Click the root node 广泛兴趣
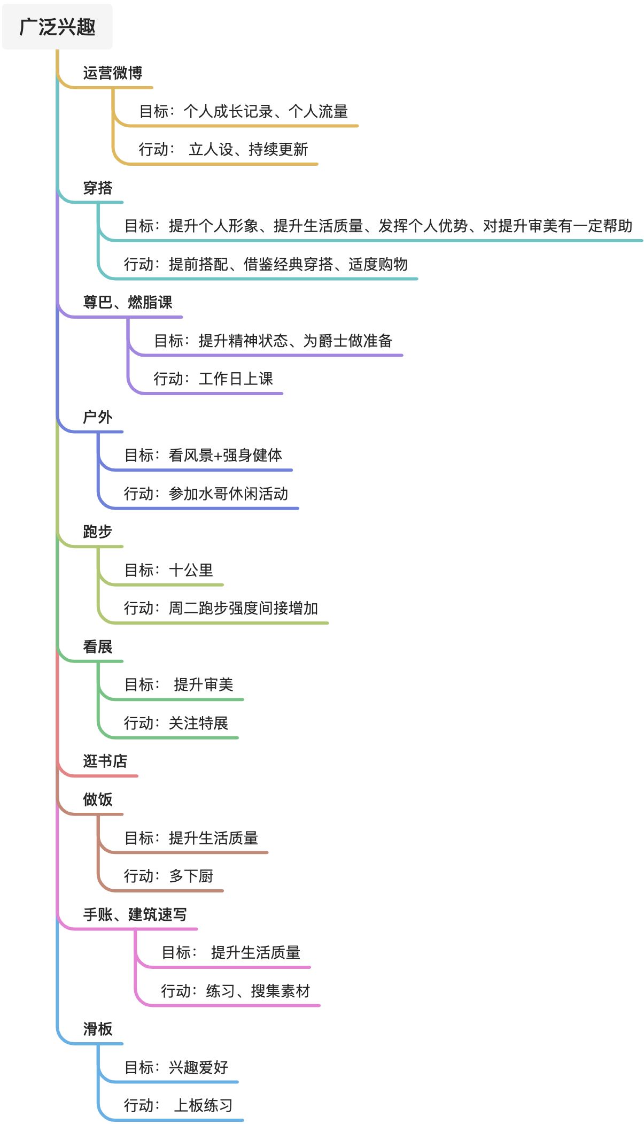coord(57,27)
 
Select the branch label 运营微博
coord(112,73)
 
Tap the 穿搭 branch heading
coord(97,188)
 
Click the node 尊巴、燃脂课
coord(127,302)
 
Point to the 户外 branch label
coord(97,417)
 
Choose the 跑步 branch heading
coord(97,532)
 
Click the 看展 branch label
coord(97,646)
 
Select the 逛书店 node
coord(105,761)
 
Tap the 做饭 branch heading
coord(97,799)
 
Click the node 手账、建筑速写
coord(135,914)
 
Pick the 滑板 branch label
coord(97,1029)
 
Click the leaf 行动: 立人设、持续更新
coord(223,149)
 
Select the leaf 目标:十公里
coord(168,570)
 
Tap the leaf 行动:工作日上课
coord(213,379)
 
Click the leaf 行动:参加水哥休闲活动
coord(206,494)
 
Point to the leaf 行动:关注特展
coord(176,723)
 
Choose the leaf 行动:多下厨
coord(168,876)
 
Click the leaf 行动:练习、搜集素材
coord(235,991)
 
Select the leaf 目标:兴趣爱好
coord(176,1067)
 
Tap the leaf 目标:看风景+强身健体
coord(203,455)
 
